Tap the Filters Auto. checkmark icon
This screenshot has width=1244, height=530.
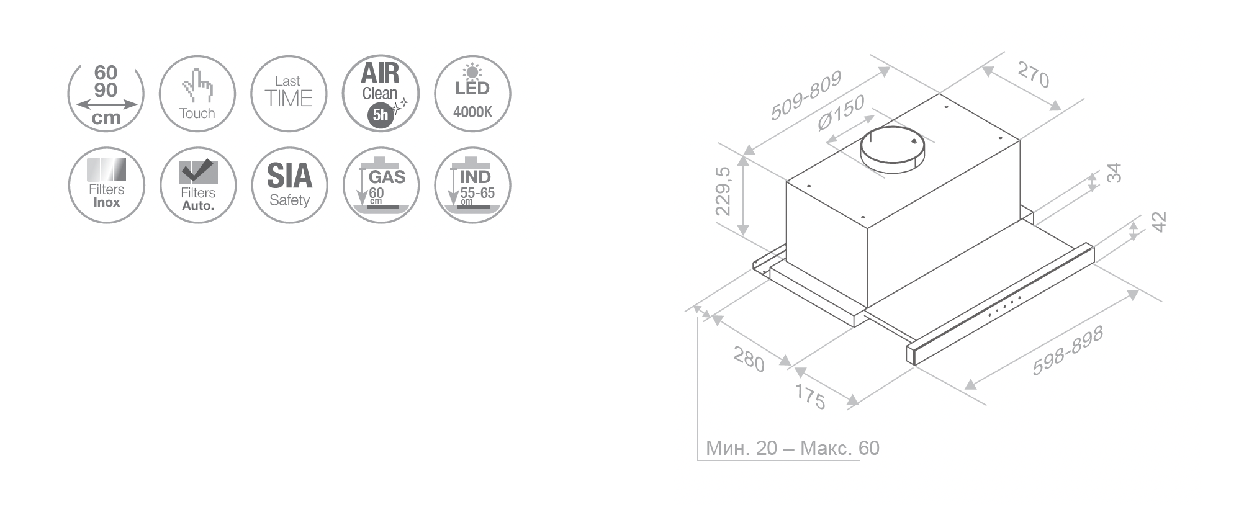tap(198, 185)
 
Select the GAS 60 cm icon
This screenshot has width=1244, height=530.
tap(381, 185)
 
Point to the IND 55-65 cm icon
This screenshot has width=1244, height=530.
tap(472, 185)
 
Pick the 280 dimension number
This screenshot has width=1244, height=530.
tap(749, 359)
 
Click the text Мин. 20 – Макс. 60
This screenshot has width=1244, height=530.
tap(792, 448)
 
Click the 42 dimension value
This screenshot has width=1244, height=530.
tap(1159, 222)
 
